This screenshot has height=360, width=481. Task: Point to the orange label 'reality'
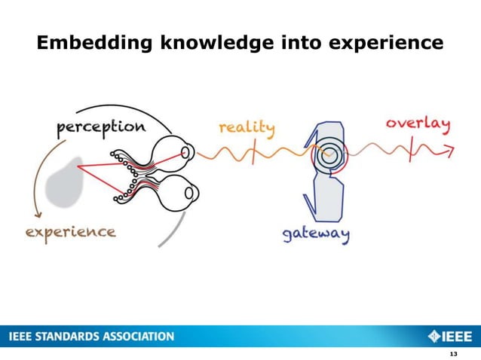[x=247, y=127]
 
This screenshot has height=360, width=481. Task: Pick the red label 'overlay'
[x=418, y=122]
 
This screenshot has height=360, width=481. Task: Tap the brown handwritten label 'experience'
[x=71, y=230]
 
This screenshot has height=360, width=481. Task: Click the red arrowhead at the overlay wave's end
[x=449, y=151]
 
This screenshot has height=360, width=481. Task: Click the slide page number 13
[x=452, y=354]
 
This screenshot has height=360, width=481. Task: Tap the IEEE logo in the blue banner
[x=450, y=336]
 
